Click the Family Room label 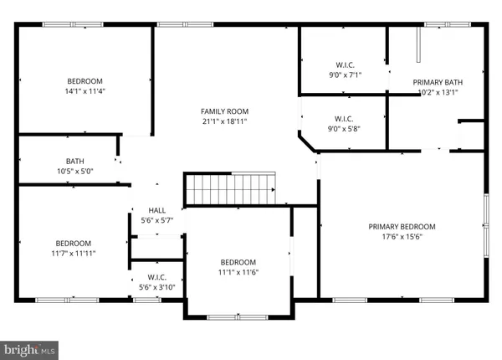coord(223,111)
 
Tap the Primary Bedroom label coord(402,226)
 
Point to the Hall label coord(156,210)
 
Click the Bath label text coord(75,162)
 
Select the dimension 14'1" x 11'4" coord(85,91)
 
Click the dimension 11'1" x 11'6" coord(238,272)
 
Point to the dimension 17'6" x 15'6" coord(402,236)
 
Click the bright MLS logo coord(30,346)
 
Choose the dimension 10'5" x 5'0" coord(75,172)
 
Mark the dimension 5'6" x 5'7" coord(156,220)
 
